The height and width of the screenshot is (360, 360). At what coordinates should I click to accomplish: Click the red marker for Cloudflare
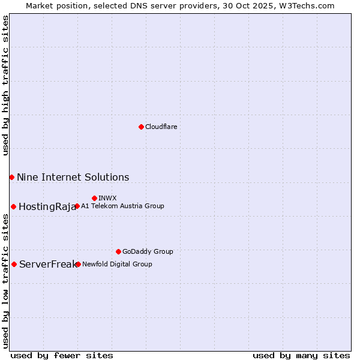[x=141, y=127]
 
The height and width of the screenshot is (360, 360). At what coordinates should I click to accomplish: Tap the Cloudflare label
[x=161, y=127]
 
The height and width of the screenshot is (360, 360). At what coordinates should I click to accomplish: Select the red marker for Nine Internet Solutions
[x=11, y=177]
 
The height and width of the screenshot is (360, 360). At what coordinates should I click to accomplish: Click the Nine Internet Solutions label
[x=73, y=178]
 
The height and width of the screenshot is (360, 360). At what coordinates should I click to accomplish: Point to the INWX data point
[x=94, y=198]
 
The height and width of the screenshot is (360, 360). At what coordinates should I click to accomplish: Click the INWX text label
[x=107, y=199]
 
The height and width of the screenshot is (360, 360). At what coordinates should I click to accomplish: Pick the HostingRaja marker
[x=13, y=206]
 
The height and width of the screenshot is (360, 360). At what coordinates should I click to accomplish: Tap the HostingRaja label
[x=47, y=207]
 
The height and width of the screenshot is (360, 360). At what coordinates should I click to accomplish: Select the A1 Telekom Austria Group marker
[x=77, y=206]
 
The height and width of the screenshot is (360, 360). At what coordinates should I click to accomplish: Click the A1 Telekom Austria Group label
[x=122, y=206]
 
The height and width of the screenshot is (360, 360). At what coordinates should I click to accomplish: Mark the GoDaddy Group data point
[x=118, y=251]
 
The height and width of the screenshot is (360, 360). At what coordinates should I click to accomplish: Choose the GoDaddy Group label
[x=148, y=252]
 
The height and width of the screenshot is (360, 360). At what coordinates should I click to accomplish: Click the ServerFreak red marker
[x=14, y=264]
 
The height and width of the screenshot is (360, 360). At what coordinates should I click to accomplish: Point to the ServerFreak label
[x=47, y=265]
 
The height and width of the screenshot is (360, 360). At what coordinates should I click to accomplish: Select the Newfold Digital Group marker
[x=78, y=264]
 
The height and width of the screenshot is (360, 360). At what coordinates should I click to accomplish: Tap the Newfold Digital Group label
[x=117, y=265]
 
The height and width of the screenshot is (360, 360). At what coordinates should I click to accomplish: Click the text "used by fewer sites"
[x=62, y=355]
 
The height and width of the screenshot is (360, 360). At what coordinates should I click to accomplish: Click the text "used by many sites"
[x=301, y=355]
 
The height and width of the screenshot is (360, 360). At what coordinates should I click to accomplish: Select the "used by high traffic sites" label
[x=5, y=85]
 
